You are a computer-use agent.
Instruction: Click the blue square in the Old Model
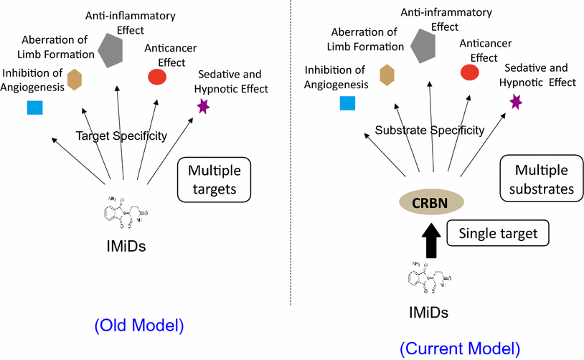coord(35,108)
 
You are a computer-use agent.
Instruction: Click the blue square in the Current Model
coord(347,103)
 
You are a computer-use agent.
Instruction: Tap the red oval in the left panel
coord(157,76)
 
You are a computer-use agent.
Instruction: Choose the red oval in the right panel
coord(469,72)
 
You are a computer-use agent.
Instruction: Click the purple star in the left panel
coord(203,106)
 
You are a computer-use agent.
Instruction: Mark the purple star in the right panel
coord(515,101)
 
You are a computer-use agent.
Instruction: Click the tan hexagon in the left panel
coord(75,79)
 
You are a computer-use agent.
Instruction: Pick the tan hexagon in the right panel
coord(387,75)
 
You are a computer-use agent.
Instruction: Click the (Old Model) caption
coord(139,325)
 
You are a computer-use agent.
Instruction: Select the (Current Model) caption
coord(459,349)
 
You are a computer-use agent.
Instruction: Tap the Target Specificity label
coord(121,135)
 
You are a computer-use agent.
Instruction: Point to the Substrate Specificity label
coord(430,131)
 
